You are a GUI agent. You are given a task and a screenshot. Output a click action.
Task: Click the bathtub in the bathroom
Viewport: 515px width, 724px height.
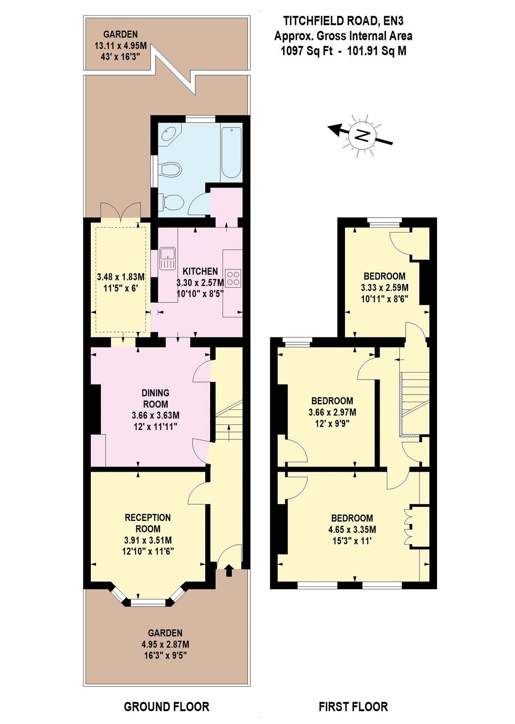pos(231,153)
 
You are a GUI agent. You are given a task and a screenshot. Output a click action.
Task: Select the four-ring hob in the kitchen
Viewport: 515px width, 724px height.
pos(233,278)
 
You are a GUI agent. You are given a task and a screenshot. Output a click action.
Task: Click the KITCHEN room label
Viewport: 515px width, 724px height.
pos(200,271)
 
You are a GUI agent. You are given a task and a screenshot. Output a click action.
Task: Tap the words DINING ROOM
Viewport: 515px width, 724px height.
pos(155,398)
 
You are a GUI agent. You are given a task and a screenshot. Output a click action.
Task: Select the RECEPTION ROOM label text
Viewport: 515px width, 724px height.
pos(148,523)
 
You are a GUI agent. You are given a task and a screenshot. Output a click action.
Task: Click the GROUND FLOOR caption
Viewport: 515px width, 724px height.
pos(166,706)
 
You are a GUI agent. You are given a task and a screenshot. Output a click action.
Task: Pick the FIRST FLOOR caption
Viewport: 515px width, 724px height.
pos(353,706)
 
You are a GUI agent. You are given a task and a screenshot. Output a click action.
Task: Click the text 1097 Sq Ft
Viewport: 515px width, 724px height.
pos(307,51)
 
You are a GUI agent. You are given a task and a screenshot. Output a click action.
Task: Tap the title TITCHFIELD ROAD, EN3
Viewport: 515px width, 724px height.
pos(343,21)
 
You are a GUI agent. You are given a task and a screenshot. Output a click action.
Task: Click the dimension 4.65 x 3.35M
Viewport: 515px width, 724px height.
pos(352,529)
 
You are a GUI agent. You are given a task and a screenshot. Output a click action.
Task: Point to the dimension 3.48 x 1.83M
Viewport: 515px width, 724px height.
pos(121,277)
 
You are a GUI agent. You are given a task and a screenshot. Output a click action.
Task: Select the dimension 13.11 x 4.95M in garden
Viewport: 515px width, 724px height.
pos(120,45)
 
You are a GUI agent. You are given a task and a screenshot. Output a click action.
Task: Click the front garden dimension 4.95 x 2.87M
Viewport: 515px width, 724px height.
pos(165,644)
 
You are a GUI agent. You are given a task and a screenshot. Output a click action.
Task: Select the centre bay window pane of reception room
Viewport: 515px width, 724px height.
pos(148,603)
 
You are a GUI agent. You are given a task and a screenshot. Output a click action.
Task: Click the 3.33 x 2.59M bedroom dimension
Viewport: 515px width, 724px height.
pos(384,288)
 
